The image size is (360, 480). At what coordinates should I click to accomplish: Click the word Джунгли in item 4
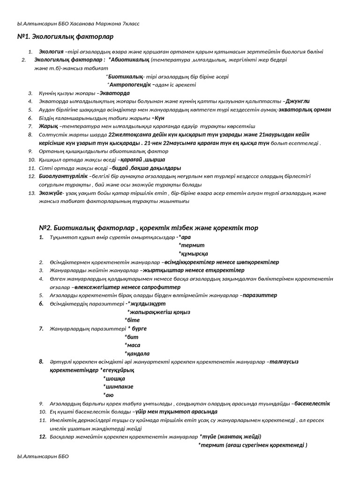pos(298,101)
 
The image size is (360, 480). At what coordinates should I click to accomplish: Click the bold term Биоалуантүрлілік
pos(63,176)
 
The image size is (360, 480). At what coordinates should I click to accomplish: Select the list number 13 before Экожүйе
pos(32,193)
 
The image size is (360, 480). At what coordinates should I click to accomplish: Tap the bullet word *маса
pos(133,345)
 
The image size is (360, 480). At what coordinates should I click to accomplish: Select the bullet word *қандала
pos(137,353)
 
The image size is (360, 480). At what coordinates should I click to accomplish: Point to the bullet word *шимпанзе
pos(118,387)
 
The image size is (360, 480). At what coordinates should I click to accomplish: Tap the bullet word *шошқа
pos(114,378)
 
